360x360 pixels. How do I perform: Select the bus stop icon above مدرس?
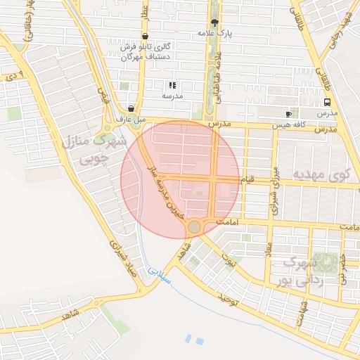pyautogui.click(x=327, y=102)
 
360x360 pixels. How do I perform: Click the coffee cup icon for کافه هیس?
pyautogui.click(x=288, y=114)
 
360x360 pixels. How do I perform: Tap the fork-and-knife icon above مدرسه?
pyautogui.click(x=172, y=85)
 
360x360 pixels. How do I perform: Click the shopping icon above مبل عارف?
pyautogui.click(x=131, y=109)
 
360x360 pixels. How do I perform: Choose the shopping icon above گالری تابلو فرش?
pyautogui.click(x=145, y=36)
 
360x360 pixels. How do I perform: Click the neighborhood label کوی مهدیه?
pyautogui.click(x=321, y=174)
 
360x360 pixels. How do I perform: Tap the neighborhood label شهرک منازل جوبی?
pyautogui.click(x=95, y=150)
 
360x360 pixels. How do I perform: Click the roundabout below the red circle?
pyautogui.click(x=194, y=226)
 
